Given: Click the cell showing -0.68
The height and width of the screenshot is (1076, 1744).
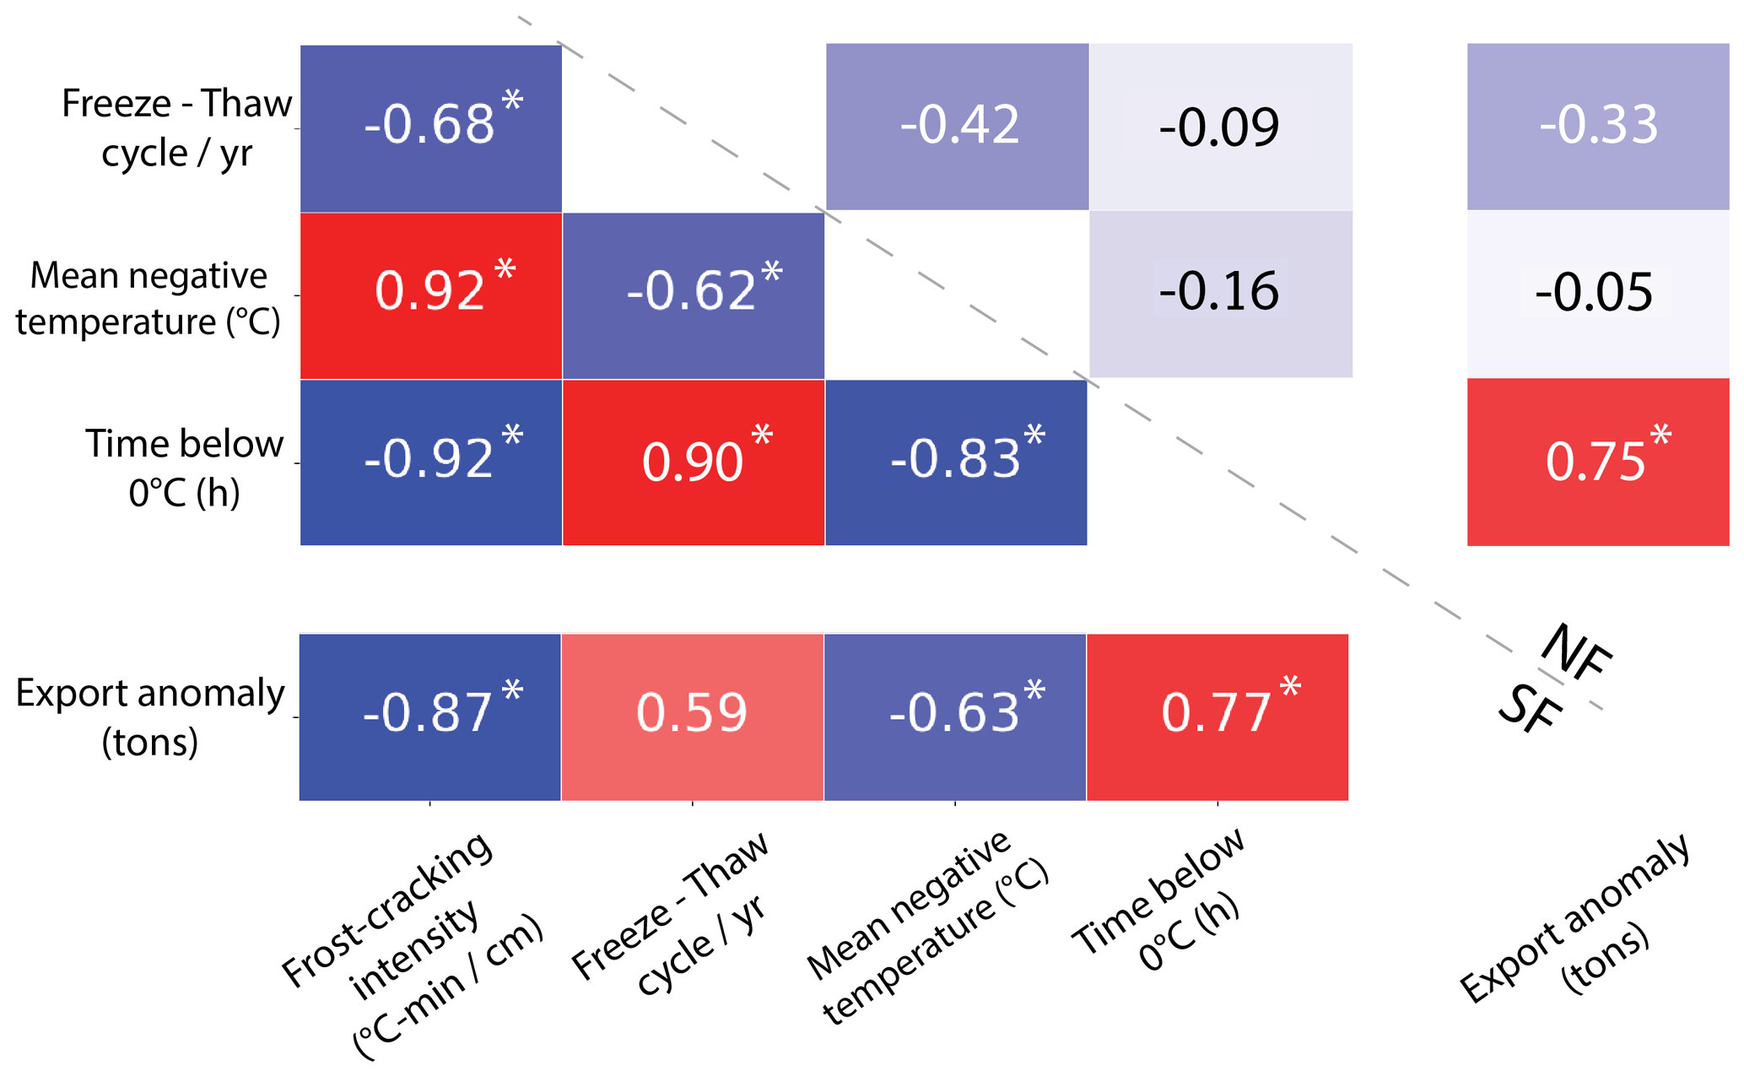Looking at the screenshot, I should click(x=430, y=127).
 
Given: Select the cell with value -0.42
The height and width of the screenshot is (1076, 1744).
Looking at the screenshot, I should click(x=957, y=127).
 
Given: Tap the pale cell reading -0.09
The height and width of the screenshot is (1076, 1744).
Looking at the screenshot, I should click(x=1220, y=127).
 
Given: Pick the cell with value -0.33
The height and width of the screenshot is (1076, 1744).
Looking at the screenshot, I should click(x=1597, y=127).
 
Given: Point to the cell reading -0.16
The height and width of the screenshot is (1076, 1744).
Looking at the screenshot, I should click(x=1220, y=294).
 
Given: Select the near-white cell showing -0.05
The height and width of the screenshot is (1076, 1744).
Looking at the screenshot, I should click(x=1597, y=294).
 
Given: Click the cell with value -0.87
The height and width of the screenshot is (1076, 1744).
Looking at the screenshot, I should click(x=429, y=716).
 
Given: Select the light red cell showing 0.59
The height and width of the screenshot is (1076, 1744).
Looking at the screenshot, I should click(x=692, y=716).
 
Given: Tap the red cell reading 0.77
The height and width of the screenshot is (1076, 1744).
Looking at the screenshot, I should click(x=1217, y=716).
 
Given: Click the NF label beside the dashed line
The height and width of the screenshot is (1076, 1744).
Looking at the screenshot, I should click(x=1575, y=652).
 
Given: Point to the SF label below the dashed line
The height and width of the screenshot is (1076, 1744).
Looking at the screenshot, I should click(x=1529, y=708).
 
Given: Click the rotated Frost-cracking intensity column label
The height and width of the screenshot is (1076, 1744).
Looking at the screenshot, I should click(x=413, y=945).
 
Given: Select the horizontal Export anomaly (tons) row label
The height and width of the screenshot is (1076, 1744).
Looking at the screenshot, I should click(x=150, y=716).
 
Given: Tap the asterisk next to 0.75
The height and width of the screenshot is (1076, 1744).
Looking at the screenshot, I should click(x=1660, y=435).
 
